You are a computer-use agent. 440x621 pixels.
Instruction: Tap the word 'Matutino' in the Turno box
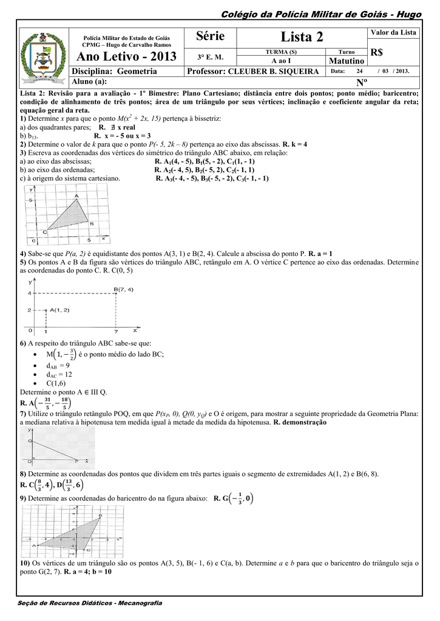pos(346,61)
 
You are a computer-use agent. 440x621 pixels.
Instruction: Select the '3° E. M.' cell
pos(210,57)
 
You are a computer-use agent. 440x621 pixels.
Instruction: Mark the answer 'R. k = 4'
pos(295,145)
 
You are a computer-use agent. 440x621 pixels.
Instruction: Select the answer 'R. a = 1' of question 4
pos(320,252)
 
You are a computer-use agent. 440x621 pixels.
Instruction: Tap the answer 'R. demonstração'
pos(300,421)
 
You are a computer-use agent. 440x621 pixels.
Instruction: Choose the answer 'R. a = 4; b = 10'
pos(87,571)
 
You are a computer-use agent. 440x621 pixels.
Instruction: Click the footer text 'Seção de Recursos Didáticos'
pos(61,603)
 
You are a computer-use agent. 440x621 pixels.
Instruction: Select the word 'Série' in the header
pos(211,36)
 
